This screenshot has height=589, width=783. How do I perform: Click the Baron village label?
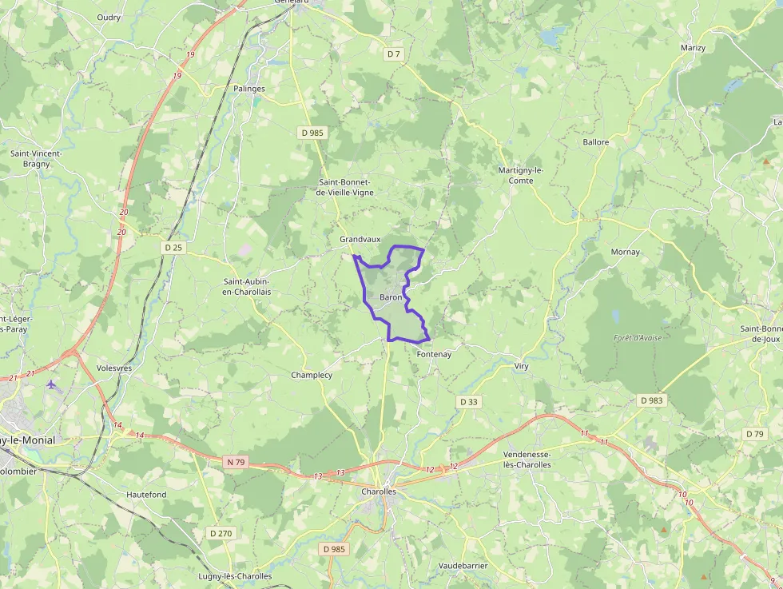[391, 297]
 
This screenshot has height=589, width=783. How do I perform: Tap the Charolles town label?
[379, 491]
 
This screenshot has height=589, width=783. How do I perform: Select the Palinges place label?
[249, 89]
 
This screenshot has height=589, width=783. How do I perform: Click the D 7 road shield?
[392, 54]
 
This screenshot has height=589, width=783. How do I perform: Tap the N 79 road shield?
[235, 461]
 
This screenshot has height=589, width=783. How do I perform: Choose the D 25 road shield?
[173, 247]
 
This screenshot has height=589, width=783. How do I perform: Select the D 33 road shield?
[469, 401]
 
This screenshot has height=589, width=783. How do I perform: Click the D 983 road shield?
[652, 400]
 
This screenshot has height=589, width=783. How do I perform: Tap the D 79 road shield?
[754, 433]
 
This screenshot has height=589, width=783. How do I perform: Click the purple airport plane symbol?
[53, 384]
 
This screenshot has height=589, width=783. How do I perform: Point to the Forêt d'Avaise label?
[638, 337]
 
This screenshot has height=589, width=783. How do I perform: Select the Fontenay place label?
[434, 354]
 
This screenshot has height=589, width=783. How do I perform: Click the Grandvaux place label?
[360, 239]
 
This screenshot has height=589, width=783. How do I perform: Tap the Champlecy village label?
[312, 375]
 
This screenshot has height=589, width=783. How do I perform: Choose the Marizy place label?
[693, 48]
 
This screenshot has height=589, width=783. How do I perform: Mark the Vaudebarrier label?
[463, 565]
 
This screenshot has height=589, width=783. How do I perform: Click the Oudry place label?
[109, 17]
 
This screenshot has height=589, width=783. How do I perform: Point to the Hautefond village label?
[146, 495]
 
